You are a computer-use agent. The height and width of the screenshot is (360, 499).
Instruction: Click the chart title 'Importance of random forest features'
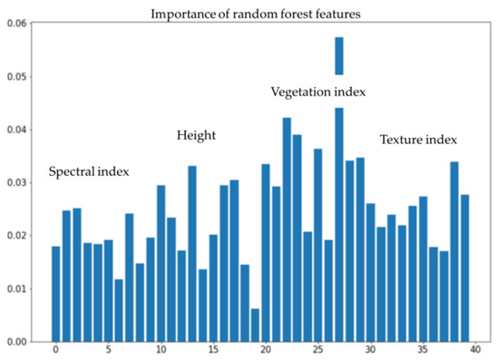pyautogui.click(x=256, y=14)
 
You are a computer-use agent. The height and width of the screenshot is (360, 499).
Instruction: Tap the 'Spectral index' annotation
pyautogui.click(x=89, y=171)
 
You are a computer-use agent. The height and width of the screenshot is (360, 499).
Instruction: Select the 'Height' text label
pyautogui.click(x=196, y=135)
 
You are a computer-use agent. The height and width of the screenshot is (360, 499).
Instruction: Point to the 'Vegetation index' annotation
pyautogui.click(x=318, y=92)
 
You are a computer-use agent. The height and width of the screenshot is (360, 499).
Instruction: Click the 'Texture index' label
pyautogui.click(x=418, y=140)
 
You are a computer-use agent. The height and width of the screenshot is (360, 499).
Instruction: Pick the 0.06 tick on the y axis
pyautogui.click(x=17, y=24)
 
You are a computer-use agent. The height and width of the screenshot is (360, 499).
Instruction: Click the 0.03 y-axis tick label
pyautogui.click(x=17, y=183)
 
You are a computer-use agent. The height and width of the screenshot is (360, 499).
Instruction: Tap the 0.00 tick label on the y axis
pyautogui.click(x=17, y=342)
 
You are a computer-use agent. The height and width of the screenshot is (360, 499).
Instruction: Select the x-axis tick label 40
pyautogui.click(x=475, y=349)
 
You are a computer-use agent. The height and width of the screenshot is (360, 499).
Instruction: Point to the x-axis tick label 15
pyautogui.click(x=213, y=349)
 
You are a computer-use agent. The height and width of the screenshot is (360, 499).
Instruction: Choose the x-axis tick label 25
pyautogui.click(x=318, y=349)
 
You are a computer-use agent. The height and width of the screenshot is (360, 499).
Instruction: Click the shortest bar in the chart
pyautogui.click(x=255, y=325)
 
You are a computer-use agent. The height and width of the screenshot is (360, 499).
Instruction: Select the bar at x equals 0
pyautogui.click(x=55, y=294)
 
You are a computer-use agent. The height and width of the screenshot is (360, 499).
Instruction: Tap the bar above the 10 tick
pyautogui.click(x=161, y=264)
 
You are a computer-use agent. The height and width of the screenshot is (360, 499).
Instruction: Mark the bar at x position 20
pyautogui.click(x=266, y=253)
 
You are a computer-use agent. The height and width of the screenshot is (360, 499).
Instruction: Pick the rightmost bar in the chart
pyautogui.click(x=465, y=268)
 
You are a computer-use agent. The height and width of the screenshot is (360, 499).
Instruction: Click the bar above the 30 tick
pyautogui.click(x=370, y=273)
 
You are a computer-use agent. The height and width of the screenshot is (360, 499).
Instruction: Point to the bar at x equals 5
pyautogui.click(x=109, y=291)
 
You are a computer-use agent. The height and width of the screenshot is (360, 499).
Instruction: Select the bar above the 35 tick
pyautogui.click(x=423, y=269)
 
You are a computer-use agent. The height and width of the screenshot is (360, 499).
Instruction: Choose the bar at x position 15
pyautogui.click(x=213, y=288)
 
